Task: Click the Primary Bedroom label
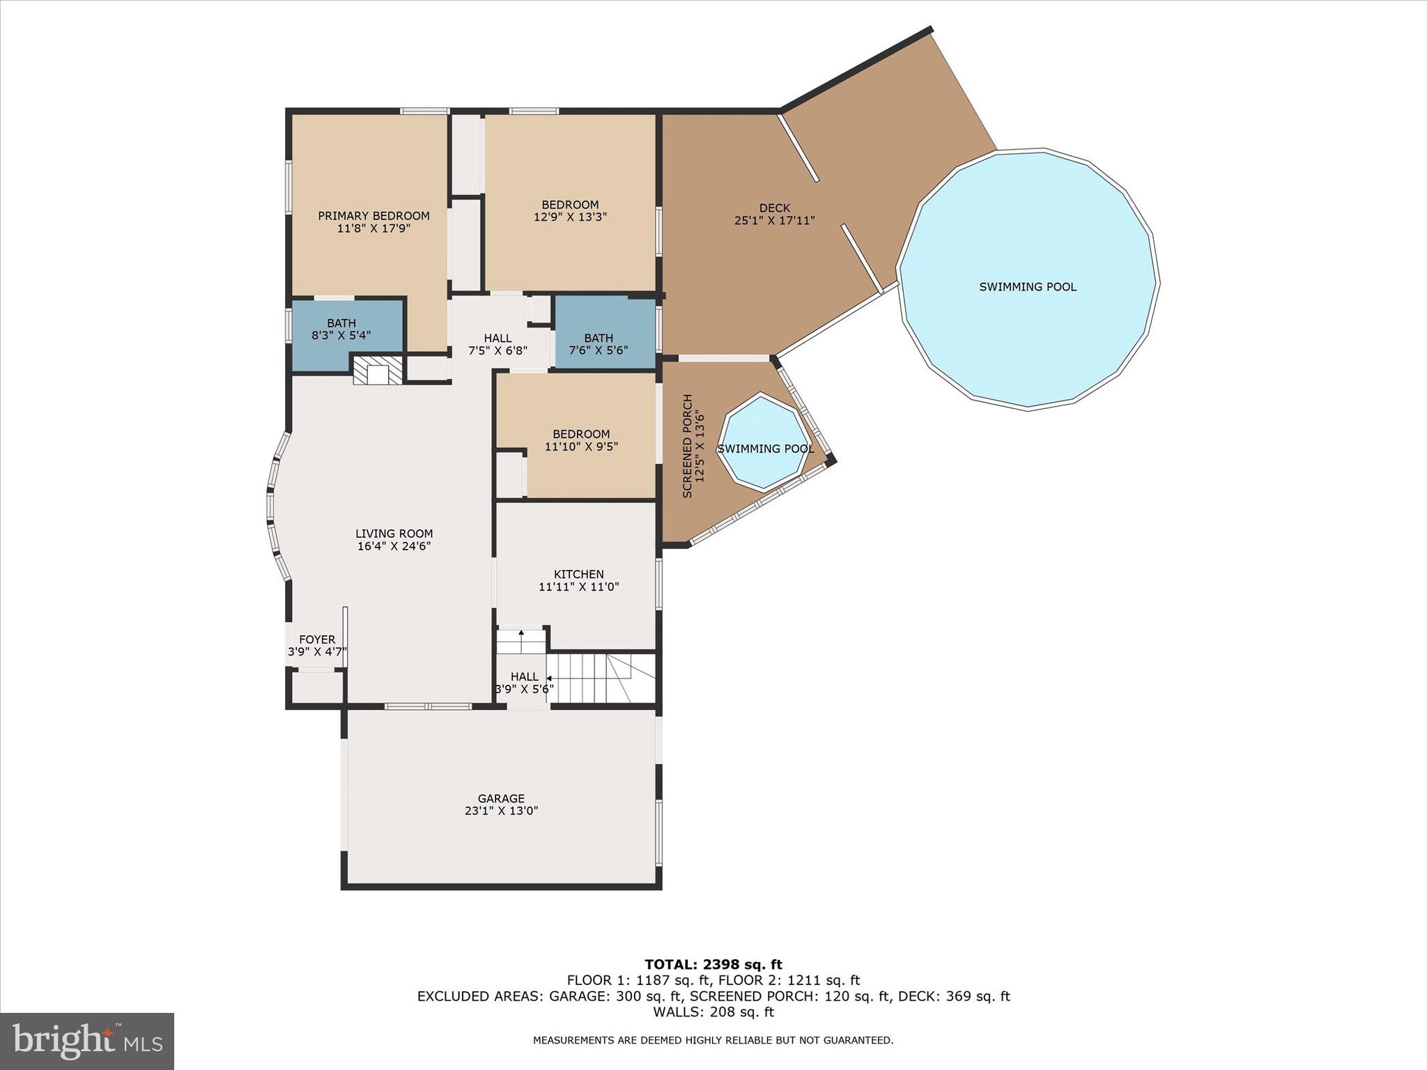tap(373, 216)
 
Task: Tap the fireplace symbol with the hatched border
tap(378, 371)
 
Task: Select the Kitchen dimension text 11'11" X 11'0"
tap(578, 587)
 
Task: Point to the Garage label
tap(501, 798)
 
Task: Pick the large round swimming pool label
tap(1028, 287)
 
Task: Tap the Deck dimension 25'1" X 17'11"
tap(774, 220)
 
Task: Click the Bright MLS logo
tap(87, 1041)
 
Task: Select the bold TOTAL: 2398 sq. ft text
tap(713, 965)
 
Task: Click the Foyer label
tap(317, 639)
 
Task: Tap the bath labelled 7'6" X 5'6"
tap(599, 344)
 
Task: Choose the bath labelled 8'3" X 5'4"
tap(341, 329)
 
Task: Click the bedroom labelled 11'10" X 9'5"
tap(581, 440)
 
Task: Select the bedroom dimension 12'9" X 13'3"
tap(570, 217)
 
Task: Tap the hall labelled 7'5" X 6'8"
tap(497, 344)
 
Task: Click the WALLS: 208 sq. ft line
tap(713, 1012)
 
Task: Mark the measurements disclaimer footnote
tap(713, 1041)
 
